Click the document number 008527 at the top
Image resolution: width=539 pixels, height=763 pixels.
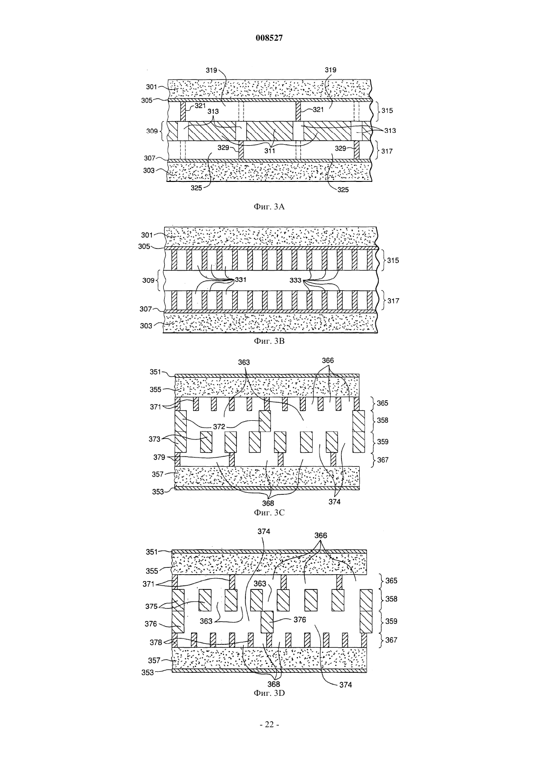pyautogui.click(x=269, y=38)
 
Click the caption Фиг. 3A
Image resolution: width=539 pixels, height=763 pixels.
pyautogui.click(x=269, y=206)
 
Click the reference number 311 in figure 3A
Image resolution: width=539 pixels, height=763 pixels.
pyautogui.click(x=269, y=151)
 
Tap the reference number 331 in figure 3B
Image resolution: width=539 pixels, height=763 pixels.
pyautogui.click(x=240, y=280)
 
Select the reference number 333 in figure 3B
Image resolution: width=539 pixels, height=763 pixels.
pyautogui.click(x=295, y=280)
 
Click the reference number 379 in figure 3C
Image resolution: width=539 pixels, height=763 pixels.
pyautogui.click(x=159, y=457)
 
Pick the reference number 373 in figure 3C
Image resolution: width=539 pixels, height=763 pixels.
pyautogui.click(x=154, y=439)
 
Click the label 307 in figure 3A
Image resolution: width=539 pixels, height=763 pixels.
pyautogui.click(x=150, y=158)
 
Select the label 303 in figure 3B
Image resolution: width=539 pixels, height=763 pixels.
pyautogui.click(x=146, y=326)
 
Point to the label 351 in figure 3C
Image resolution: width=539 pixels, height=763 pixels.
pyautogui.click(x=155, y=372)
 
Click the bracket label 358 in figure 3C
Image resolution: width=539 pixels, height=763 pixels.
pyautogui.click(x=383, y=420)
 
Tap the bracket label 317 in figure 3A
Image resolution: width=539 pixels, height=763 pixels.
pyautogui.click(x=387, y=151)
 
